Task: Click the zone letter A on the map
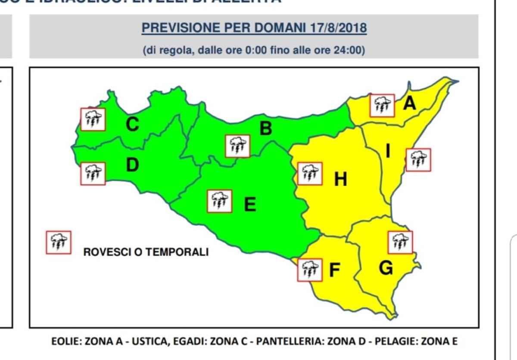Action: [x=409, y=103]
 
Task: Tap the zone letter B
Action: [x=266, y=128]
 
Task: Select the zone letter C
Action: [x=132, y=124]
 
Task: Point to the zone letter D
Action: [x=132, y=165]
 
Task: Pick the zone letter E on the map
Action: [x=250, y=204]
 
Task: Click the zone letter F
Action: [x=335, y=270]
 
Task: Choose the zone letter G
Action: [x=386, y=268]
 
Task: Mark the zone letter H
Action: [x=341, y=179]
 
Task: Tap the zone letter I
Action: [x=388, y=151]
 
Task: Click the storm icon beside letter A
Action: [x=382, y=105]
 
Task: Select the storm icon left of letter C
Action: [x=93, y=119]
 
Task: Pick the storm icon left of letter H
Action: [x=310, y=174]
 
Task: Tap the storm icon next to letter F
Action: [x=310, y=270]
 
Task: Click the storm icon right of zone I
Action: [x=418, y=160]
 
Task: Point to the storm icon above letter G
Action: [x=400, y=242]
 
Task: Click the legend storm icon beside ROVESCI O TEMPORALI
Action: [x=59, y=242]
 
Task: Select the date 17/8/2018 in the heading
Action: [x=338, y=28]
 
